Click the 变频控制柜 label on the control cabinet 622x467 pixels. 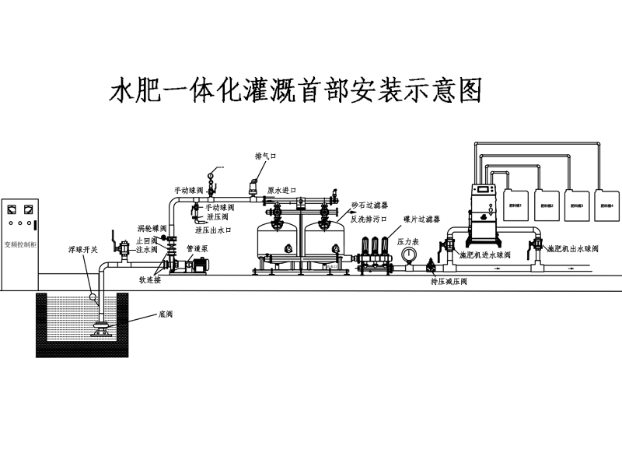20,243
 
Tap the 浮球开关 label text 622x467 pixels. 82,251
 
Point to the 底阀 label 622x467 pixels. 166,314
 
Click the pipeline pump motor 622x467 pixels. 197,265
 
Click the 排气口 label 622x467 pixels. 266,156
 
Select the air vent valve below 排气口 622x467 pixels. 253,188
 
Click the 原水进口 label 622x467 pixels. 281,190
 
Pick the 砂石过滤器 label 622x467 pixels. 369,205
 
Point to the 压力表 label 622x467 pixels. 409,242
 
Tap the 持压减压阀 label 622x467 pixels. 449,281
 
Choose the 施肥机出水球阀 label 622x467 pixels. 573,249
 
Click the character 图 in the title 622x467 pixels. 468,90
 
